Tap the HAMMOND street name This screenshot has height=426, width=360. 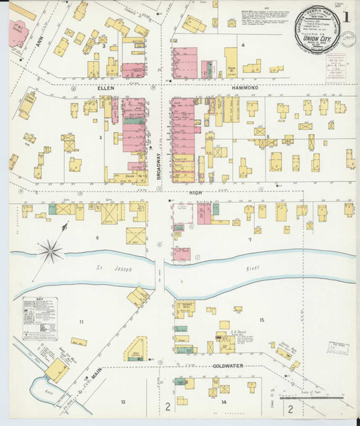coord(244,87)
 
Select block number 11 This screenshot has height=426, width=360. coord(81,322)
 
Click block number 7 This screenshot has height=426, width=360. coord(249,239)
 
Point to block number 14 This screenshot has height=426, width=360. coord(224,402)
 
